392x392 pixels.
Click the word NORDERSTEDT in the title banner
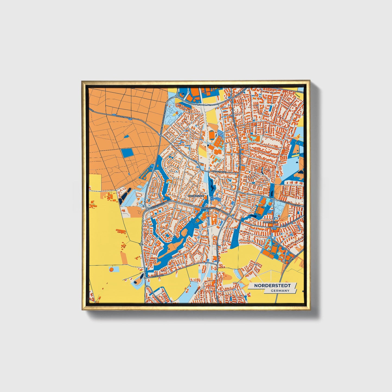[x=272, y=286]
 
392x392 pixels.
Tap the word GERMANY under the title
[x=280, y=291]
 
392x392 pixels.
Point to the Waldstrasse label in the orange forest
[x=122, y=116]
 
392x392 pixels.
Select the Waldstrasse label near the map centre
[x=219, y=172]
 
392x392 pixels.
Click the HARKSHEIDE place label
[x=270, y=222]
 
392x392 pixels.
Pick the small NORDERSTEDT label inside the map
[x=196, y=195]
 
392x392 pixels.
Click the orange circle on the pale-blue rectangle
[x=111, y=270]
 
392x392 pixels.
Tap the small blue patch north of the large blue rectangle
[x=126, y=136]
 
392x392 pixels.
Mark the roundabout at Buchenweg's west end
[x=145, y=278]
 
